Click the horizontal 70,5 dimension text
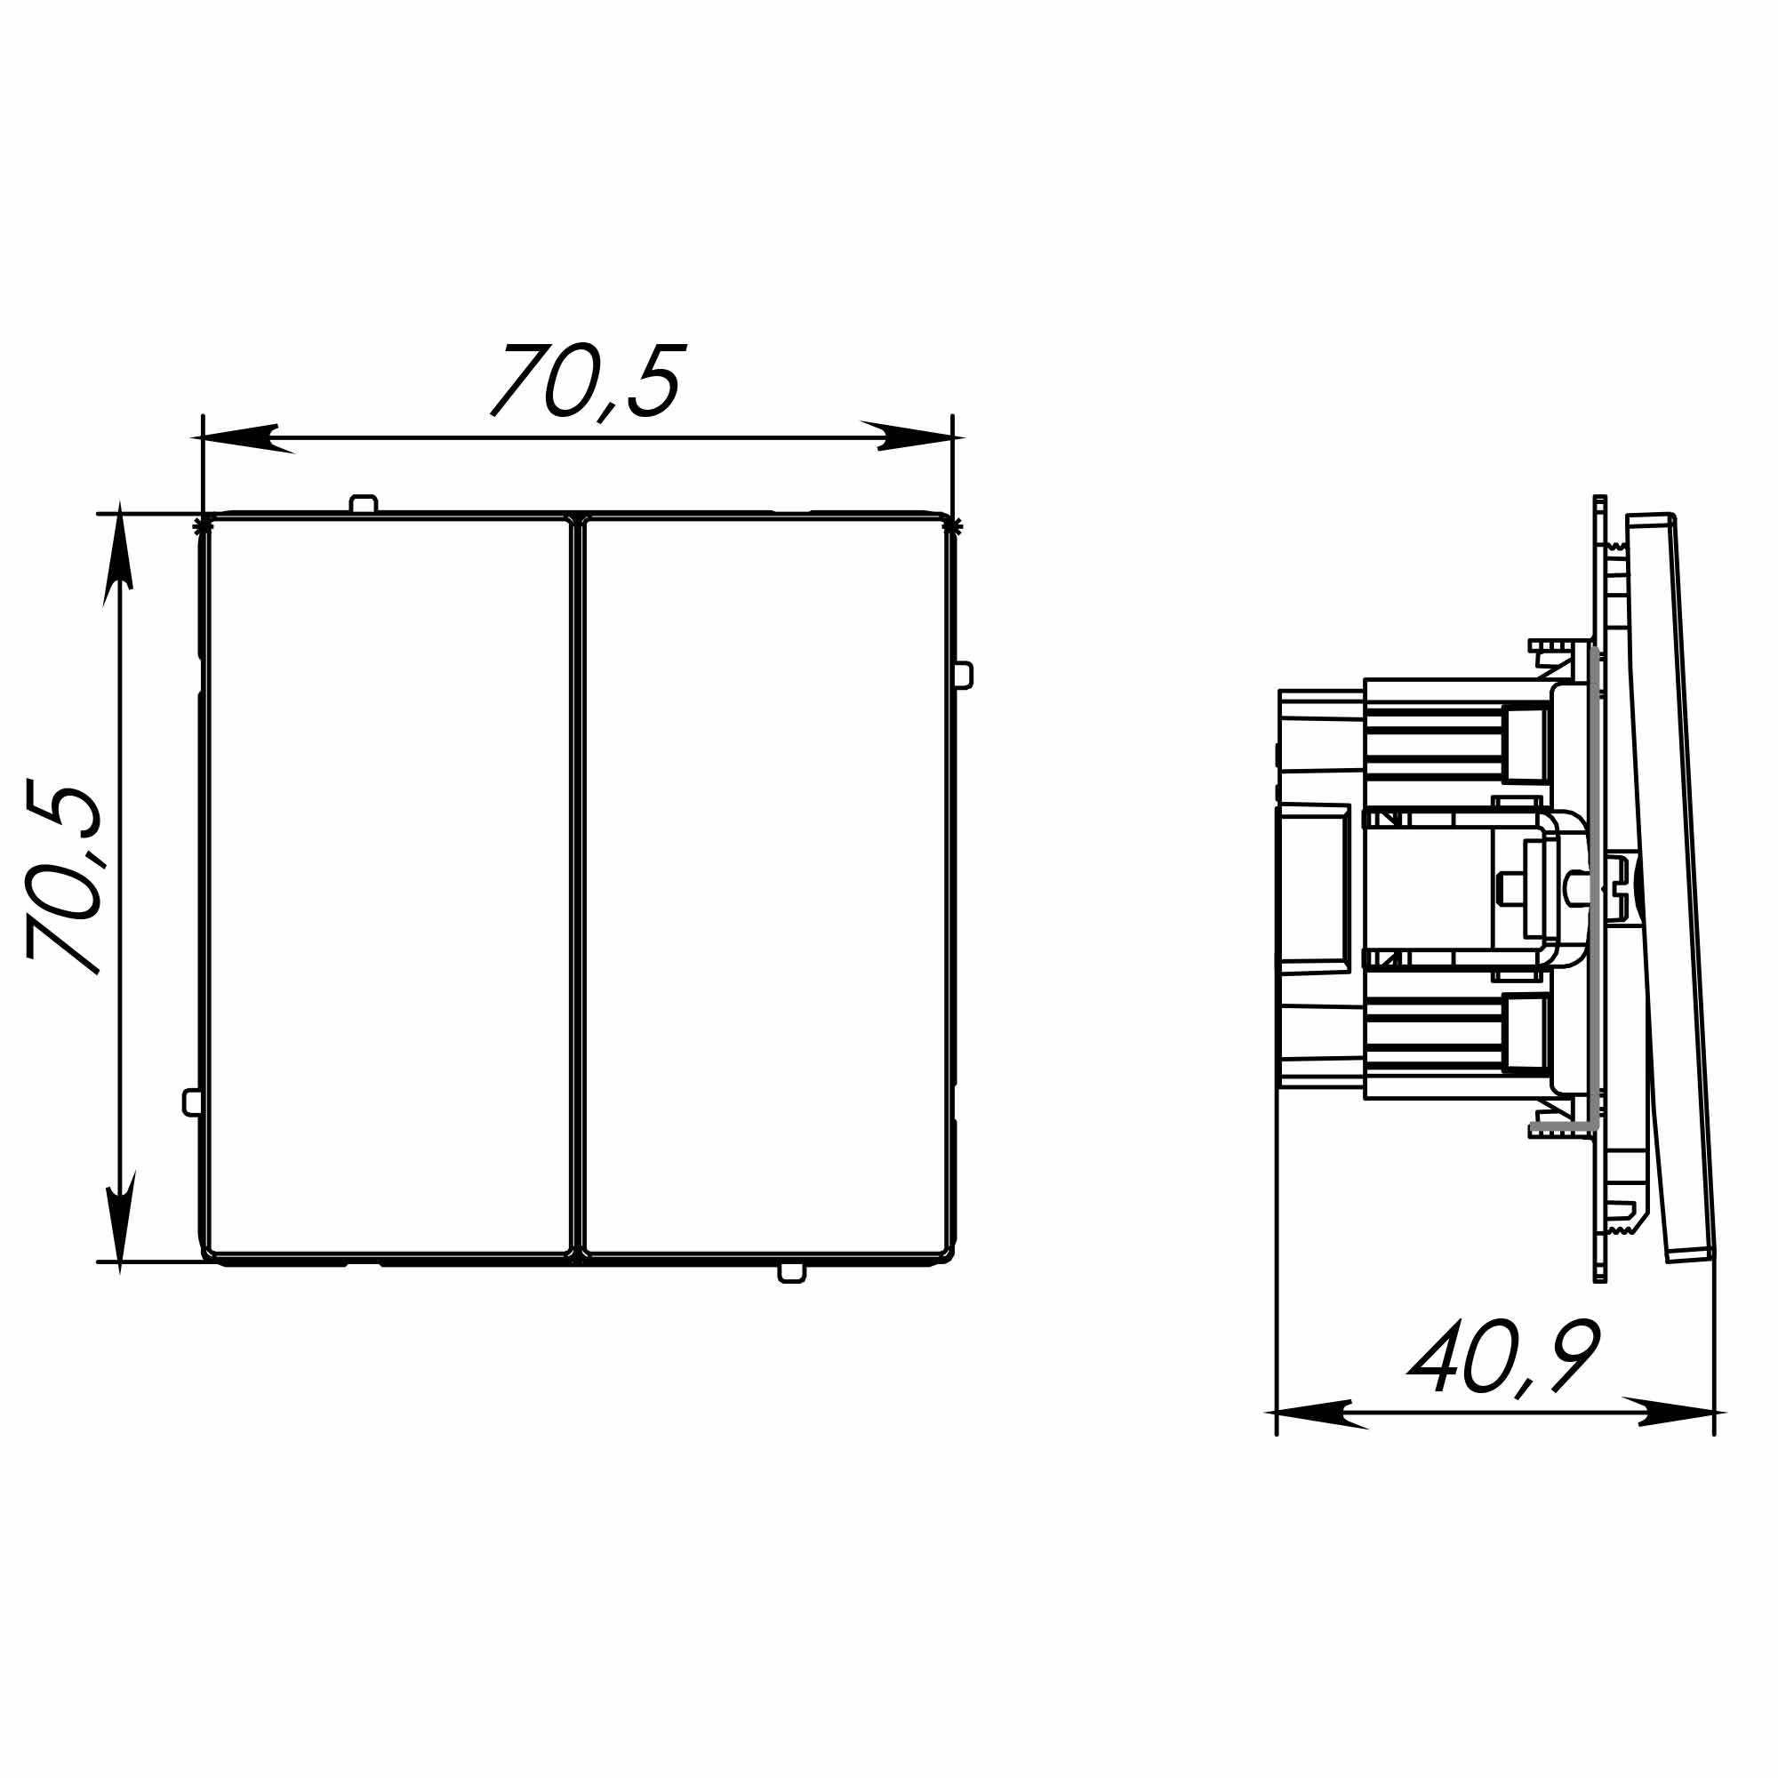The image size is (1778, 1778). coord(589,382)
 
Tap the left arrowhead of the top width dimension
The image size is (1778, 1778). coord(244,438)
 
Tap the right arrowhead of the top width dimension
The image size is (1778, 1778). coord(911,436)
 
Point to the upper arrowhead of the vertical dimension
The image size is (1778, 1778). coord(119,552)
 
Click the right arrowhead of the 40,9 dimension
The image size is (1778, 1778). coord(1674,1412)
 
